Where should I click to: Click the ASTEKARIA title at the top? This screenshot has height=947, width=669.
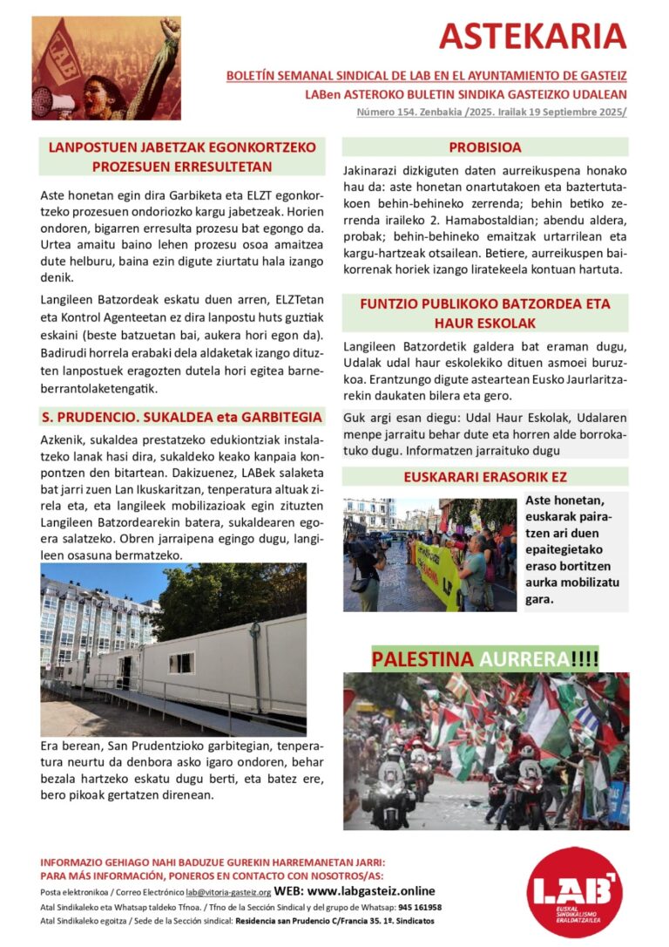pos(532,36)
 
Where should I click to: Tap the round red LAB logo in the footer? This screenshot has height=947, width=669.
pos(574,891)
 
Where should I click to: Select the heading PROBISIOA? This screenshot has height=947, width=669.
pos(485,147)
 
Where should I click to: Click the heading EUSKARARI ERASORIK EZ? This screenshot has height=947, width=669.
pos(485,477)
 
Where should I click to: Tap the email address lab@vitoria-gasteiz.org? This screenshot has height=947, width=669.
pos(228,892)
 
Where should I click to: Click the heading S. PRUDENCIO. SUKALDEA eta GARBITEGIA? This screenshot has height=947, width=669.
pos(183,417)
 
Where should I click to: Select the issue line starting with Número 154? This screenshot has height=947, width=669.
pos(491,112)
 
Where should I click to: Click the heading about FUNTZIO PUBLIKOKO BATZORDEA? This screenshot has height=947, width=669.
pos(485,312)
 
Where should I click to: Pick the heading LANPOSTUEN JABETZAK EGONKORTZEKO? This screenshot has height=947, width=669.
pos(182,157)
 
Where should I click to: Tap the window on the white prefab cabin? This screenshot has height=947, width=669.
pos(181,663)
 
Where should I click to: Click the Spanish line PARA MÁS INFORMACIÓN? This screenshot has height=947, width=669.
pos(213,875)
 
